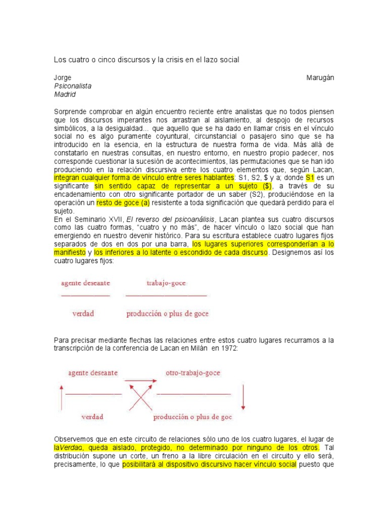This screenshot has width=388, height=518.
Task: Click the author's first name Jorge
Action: [63, 77]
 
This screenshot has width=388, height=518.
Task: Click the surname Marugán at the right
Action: [320, 77]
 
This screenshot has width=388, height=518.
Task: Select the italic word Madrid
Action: [65, 94]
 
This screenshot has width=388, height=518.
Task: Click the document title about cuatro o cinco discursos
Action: [146, 60]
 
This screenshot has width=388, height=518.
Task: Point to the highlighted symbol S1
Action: [310, 178]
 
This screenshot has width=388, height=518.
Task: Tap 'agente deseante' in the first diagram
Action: [85, 283]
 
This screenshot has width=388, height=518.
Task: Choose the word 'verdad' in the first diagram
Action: [83, 314]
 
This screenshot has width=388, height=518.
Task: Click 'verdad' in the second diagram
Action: [92, 417]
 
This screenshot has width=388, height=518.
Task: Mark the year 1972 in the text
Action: [229, 349]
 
